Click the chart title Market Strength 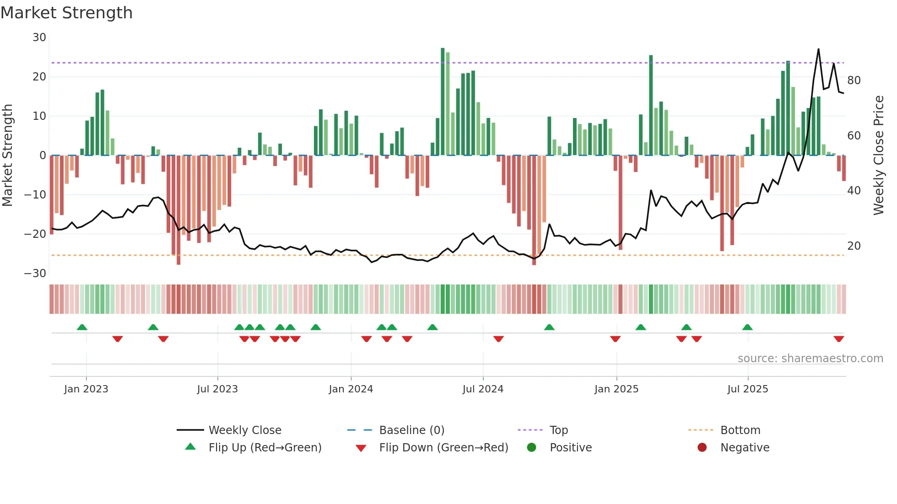pos(66,13)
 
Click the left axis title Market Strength pos(7,155)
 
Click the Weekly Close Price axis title pos(878,155)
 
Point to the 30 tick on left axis pos(39,38)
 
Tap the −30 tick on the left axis pos(35,273)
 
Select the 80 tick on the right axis pos(854,80)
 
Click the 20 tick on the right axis pos(854,246)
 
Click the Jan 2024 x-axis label pos(351,389)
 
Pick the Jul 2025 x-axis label pos(747,389)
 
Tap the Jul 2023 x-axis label pos(217,389)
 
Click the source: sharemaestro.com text pos(810,359)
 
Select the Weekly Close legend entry pos(245,430)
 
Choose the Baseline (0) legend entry pos(411,430)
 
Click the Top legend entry pos(558,430)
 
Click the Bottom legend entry pos(740,430)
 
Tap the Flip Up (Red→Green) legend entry pos(265,448)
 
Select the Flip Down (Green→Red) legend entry pos(443,448)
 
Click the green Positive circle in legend pos(531,447)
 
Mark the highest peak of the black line pos(818,49)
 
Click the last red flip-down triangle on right pos(838,339)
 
